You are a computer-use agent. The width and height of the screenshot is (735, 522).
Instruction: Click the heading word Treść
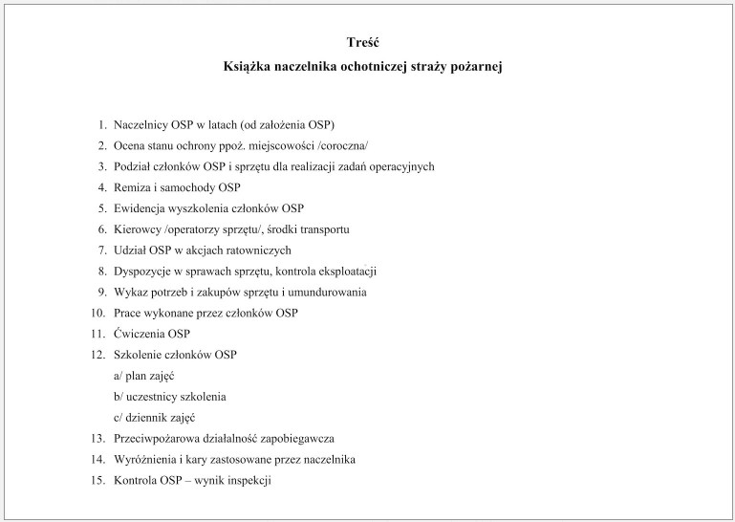tap(368, 42)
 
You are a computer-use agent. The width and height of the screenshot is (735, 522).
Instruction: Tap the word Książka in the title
tap(247, 67)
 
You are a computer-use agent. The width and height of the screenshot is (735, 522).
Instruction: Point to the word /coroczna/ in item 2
tap(337, 146)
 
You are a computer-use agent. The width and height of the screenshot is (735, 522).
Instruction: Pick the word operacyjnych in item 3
tap(402, 166)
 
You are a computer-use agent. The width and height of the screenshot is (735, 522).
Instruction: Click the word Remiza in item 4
tap(130, 187)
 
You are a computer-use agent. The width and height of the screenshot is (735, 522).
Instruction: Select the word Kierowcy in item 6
tap(136, 229)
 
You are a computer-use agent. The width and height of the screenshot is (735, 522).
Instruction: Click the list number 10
tap(97, 314)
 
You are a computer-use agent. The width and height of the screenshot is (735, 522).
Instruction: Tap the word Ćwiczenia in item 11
tap(138, 335)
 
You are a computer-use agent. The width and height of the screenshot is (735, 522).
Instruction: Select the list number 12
tap(97, 356)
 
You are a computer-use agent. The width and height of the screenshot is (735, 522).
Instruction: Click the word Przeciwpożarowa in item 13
tap(159, 439)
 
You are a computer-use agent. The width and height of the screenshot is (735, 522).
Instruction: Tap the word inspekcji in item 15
tap(250, 481)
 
